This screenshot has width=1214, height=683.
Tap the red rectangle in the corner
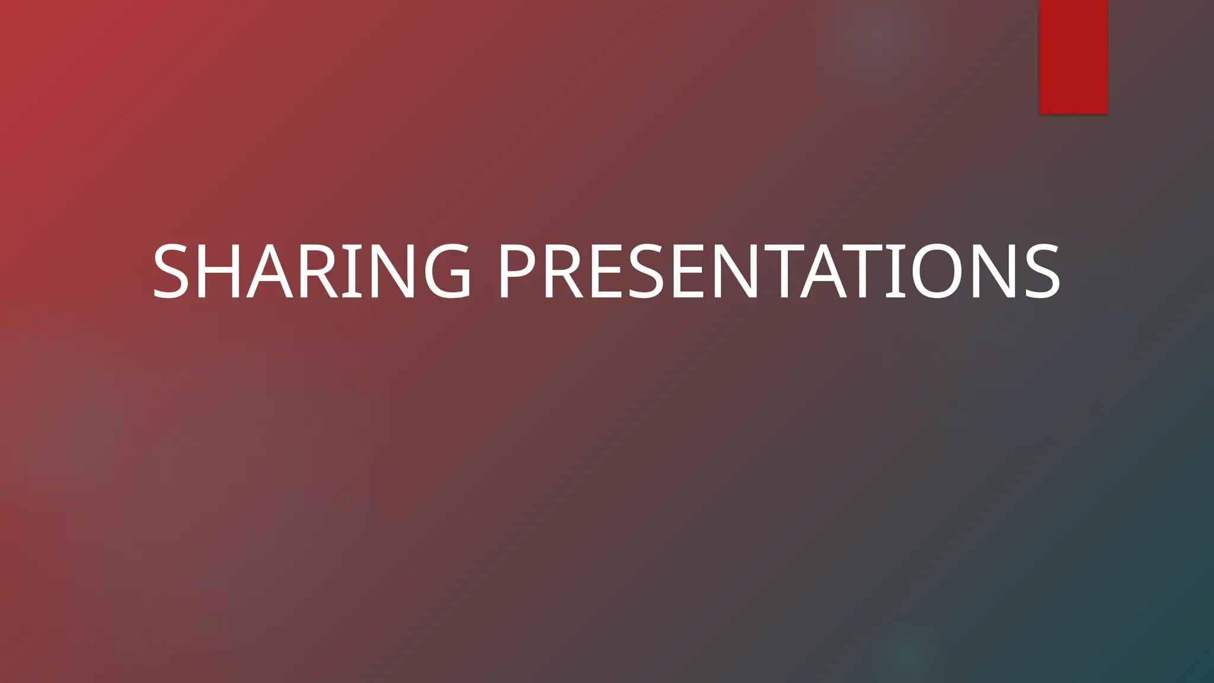[x=1073, y=56]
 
